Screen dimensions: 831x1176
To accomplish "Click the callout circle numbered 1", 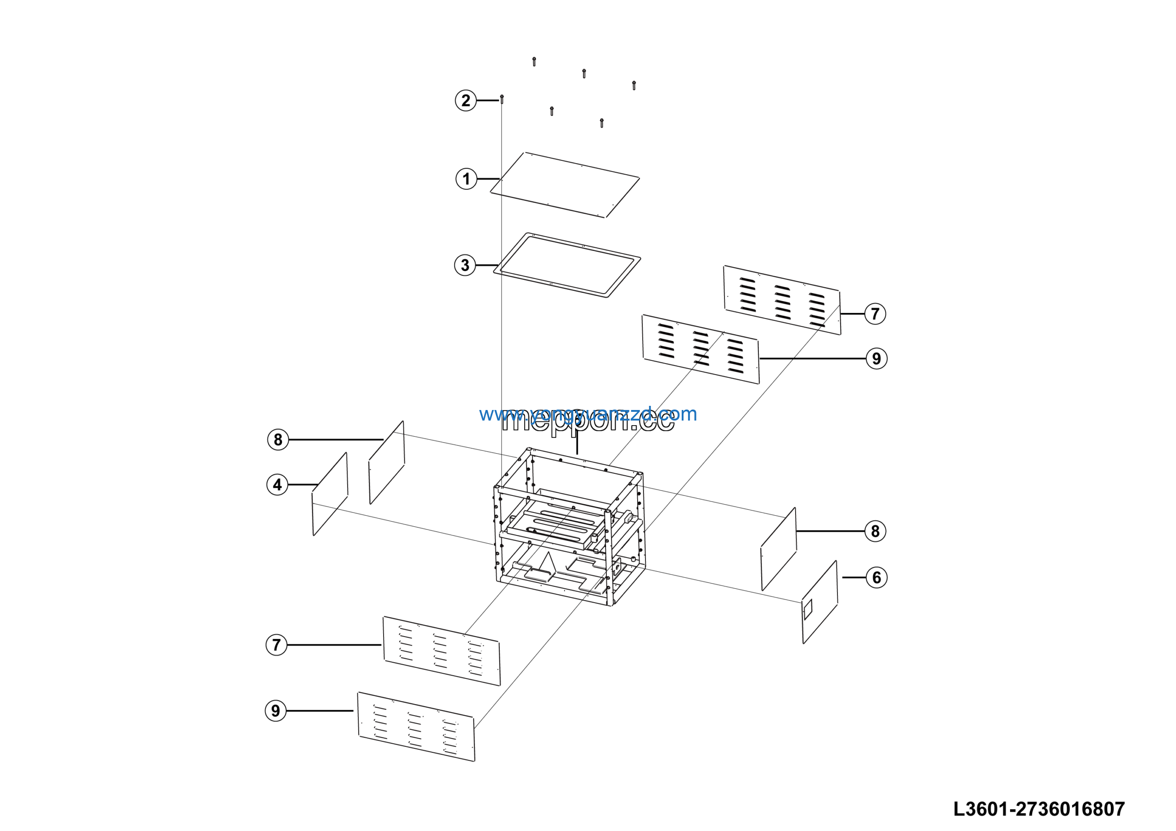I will [466, 179].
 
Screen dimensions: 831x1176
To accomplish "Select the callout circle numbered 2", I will [466, 100].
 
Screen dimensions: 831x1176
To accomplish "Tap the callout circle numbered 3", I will [465, 265].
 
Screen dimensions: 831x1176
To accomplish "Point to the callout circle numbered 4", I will [277, 484].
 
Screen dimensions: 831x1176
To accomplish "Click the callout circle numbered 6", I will [876, 577].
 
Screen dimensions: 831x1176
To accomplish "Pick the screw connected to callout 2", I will [502, 99].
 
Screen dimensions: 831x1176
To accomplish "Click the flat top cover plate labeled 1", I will [565, 185].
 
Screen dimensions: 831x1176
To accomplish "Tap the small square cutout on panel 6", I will [808, 609].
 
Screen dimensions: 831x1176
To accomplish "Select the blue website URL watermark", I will [588, 414].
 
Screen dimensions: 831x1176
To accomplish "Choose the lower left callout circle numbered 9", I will [276, 711].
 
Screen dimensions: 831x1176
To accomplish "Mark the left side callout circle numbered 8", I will [278, 439].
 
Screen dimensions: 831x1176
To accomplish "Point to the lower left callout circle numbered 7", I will [277, 644].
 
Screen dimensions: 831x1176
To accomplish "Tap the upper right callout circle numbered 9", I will [876, 359].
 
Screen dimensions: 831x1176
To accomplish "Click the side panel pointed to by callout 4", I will [330, 495].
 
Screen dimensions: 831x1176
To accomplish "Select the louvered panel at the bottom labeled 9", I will [416, 727].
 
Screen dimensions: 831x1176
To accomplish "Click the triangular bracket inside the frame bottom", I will [548, 563].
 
